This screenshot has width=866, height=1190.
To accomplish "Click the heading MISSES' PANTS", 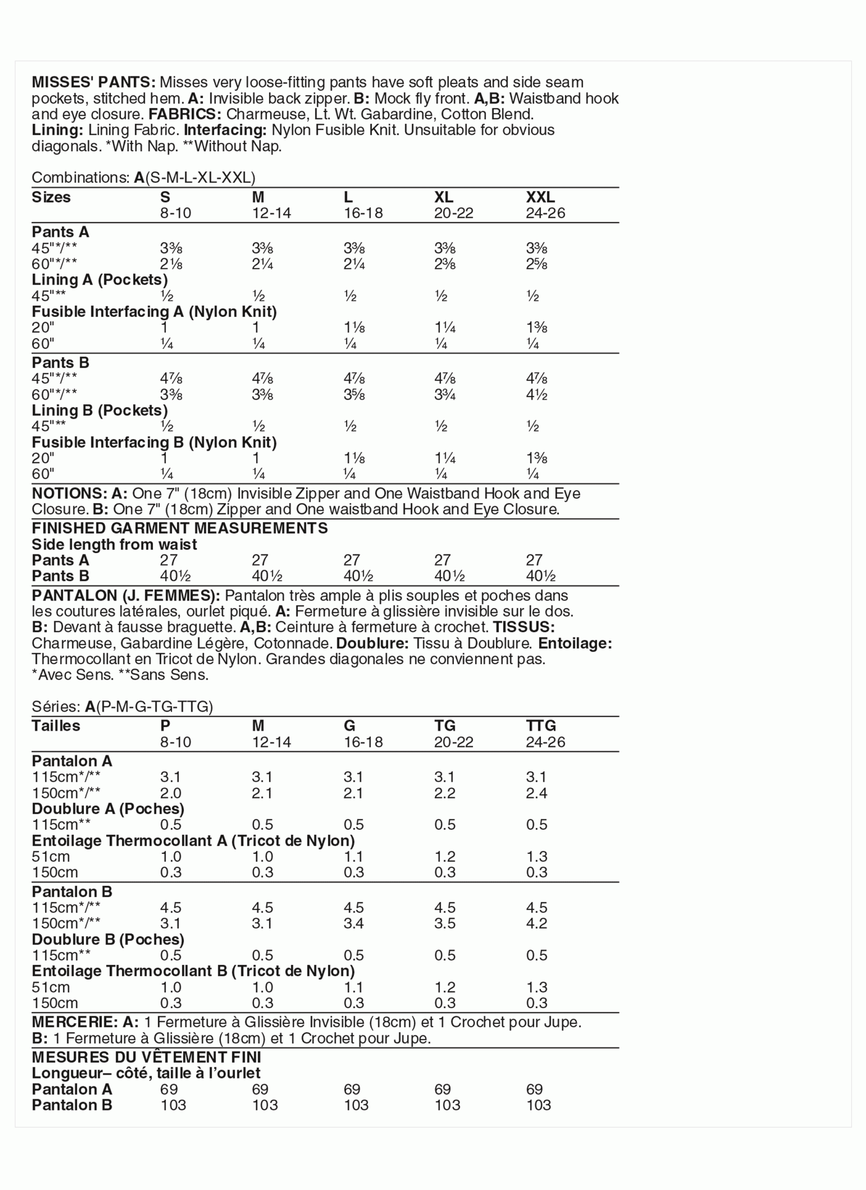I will pyautogui.click(x=93, y=82).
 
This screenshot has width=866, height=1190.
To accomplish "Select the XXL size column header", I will pyautogui.click(x=540, y=197).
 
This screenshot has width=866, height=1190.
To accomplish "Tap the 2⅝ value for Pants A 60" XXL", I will pyautogui.click(x=536, y=264).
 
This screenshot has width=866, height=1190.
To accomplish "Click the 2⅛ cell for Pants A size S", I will pyautogui.click(x=171, y=264).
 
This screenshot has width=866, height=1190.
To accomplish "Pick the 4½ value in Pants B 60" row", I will pyautogui.click(x=536, y=394).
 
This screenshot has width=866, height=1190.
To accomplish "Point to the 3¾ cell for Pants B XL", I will pyautogui.click(x=445, y=394).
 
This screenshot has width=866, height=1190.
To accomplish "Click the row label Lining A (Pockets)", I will pyautogui.click(x=100, y=280).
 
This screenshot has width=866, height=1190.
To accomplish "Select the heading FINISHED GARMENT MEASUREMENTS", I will pyautogui.click(x=180, y=528).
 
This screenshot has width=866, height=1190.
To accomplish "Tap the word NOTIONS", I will pyautogui.click(x=69, y=493).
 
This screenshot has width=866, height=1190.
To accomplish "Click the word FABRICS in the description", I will pyautogui.click(x=185, y=114).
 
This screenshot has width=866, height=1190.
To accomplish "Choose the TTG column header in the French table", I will pyautogui.click(x=540, y=726).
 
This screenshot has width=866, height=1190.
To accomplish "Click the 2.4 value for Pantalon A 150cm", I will pyautogui.click(x=536, y=793).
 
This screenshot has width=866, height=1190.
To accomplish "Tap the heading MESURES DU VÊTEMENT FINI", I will pyautogui.click(x=147, y=1057).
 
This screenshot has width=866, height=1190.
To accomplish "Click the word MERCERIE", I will pyautogui.click(x=75, y=1022).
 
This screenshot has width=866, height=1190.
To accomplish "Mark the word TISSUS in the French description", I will pyautogui.click(x=523, y=627).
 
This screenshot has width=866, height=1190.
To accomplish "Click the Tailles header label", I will pyautogui.click(x=56, y=726).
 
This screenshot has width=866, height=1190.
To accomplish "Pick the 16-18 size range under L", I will pyautogui.click(x=363, y=213).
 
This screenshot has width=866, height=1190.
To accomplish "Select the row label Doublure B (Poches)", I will pyautogui.click(x=108, y=939).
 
